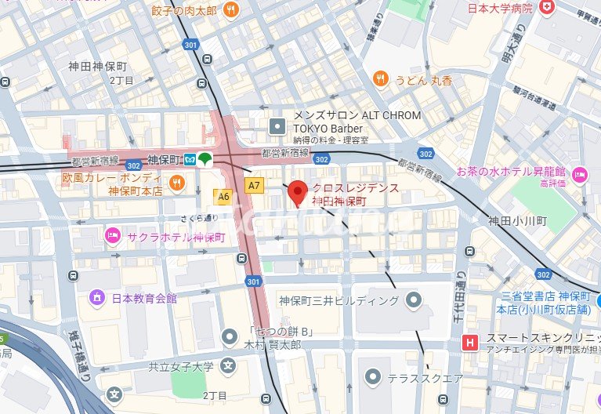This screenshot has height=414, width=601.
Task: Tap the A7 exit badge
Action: [253, 186]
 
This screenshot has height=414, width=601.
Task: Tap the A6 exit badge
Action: [223, 197]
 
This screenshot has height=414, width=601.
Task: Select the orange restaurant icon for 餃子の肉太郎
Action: [230, 9]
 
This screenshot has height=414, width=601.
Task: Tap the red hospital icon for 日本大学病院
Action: [546, 8]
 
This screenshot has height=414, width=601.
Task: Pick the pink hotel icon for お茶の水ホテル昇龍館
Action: [580, 174]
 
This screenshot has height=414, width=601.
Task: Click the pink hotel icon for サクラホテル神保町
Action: [112, 234]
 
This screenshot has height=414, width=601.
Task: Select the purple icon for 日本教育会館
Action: [97, 297]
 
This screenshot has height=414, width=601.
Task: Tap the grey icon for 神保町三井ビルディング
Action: [413, 300]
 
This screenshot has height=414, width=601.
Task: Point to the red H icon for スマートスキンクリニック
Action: [469, 342]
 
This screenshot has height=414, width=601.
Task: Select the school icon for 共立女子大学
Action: [228, 365]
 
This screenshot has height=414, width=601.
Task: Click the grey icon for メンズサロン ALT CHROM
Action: [277, 125]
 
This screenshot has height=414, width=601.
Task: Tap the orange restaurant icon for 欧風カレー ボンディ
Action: [177, 183]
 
